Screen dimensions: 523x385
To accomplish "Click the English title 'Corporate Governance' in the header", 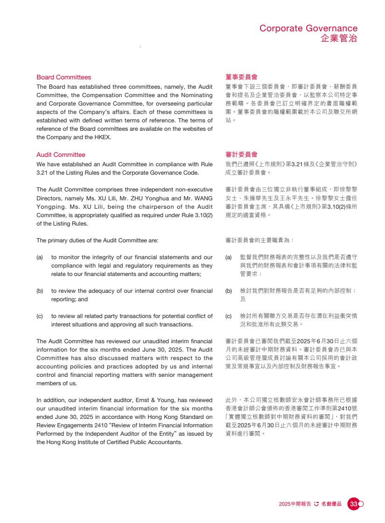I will point(308,28).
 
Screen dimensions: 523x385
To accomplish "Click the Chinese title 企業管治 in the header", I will point(339,38).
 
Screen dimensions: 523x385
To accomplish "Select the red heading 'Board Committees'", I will point(63,78).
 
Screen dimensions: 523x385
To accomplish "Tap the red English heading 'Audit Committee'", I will point(61,155).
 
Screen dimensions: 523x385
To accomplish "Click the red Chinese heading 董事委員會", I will point(241,77).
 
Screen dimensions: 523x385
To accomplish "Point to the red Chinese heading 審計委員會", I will point(241,154).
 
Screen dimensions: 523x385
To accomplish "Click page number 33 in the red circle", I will point(353,504).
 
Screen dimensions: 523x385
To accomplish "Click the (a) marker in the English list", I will point(40,257).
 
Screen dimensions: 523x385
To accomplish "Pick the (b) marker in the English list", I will point(40,291).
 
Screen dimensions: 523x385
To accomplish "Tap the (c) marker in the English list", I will point(40,316).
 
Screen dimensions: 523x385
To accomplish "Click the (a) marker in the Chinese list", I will point(229,257).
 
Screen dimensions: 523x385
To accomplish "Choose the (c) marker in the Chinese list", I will point(229,316).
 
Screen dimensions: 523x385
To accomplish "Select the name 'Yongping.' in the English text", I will point(49,207).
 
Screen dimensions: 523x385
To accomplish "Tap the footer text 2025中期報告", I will point(295,504).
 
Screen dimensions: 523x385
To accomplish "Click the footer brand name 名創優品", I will point(331,504).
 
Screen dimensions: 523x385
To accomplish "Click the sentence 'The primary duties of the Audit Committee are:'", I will point(97,240).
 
